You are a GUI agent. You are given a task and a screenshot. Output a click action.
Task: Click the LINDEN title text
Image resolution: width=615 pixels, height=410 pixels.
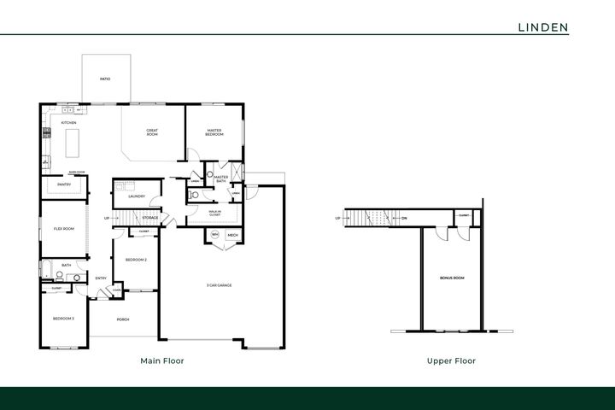pyautogui.click(x=543, y=26)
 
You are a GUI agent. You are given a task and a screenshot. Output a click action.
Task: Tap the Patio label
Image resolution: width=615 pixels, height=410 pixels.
pyautogui.click(x=104, y=79)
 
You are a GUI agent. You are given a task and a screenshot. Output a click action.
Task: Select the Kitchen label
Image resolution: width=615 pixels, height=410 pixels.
pyautogui.click(x=69, y=123)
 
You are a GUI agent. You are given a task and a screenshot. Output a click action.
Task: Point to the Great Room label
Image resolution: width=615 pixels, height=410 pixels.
pyautogui.click(x=152, y=132)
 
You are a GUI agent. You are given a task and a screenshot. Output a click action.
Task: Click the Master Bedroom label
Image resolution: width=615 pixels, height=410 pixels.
pyautogui.click(x=214, y=132)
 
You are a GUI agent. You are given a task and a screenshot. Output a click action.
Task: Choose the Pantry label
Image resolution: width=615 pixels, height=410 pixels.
pyautogui.click(x=63, y=184)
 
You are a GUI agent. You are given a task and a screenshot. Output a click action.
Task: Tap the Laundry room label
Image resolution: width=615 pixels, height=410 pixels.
pyautogui.click(x=136, y=197)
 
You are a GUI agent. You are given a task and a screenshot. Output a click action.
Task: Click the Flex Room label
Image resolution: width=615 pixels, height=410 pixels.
pyautogui.click(x=63, y=229)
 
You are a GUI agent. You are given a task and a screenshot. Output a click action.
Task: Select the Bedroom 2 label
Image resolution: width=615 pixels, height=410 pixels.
pyautogui.click(x=136, y=260)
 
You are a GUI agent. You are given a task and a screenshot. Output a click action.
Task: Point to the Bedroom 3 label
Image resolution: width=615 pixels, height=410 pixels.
pyautogui.click(x=63, y=319)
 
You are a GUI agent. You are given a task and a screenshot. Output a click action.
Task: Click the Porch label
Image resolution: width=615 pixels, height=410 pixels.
pyautogui.click(x=123, y=320)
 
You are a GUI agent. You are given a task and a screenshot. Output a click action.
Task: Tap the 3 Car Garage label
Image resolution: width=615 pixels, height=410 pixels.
pyautogui.click(x=220, y=285)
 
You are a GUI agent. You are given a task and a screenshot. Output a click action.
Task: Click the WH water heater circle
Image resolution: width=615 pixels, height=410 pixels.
pyautogui.click(x=215, y=234)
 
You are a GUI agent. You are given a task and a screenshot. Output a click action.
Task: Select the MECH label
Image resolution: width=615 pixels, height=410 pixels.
pyautogui.click(x=231, y=234)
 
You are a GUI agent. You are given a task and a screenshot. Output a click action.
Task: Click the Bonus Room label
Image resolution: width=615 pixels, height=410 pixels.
pyautogui.click(x=452, y=278)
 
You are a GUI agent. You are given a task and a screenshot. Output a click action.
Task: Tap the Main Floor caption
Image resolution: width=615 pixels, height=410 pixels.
pyautogui.click(x=162, y=361)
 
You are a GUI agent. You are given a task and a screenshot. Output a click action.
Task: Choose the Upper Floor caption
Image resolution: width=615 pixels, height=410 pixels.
pyautogui.click(x=451, y=361)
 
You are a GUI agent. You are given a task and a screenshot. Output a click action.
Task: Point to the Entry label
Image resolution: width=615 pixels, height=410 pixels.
pyautogui.click(x=101, y=278)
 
